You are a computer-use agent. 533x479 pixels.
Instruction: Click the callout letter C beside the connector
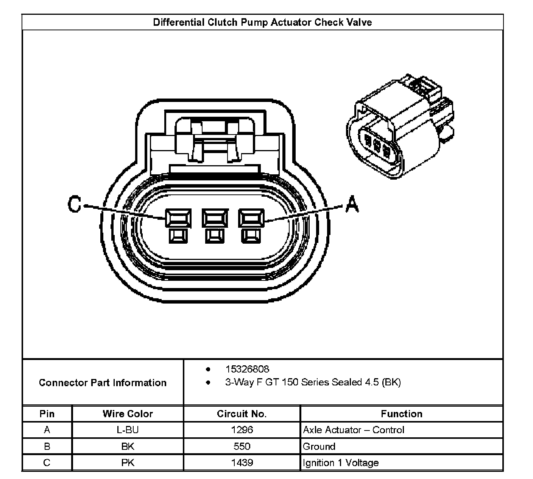click(x=75, y=205)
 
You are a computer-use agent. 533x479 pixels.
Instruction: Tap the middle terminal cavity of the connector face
click(x=215, y=219)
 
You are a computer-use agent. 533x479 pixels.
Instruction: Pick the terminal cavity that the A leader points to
click(x=251, y=219)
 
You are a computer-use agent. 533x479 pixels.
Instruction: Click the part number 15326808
click(x=247, y=369)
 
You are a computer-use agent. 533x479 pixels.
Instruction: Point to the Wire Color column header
click(x=128, y=414)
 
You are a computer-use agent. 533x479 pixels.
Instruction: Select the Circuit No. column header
click(x=242, y=414)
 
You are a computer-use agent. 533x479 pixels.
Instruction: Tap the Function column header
click(x=401, y=414)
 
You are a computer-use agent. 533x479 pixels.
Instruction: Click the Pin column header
click(x=47, y=414)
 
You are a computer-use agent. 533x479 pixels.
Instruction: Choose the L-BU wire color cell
click(x=128, y=430)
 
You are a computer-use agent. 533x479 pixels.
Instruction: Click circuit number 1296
click(x=242, y=430)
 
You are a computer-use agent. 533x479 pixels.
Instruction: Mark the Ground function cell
click(x=319, y=446)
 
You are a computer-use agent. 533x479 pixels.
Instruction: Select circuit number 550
click(x=242, y=446)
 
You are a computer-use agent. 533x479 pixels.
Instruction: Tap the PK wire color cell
click(x=128, y=463)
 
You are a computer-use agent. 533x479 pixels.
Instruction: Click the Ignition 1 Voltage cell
click(x=341, y=463)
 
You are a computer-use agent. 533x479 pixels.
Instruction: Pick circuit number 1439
click(x=242, y=463)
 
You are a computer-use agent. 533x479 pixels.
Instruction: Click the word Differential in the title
click(x=178, y=22)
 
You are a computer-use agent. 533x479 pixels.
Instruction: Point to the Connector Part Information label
click(x=103, y=383)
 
